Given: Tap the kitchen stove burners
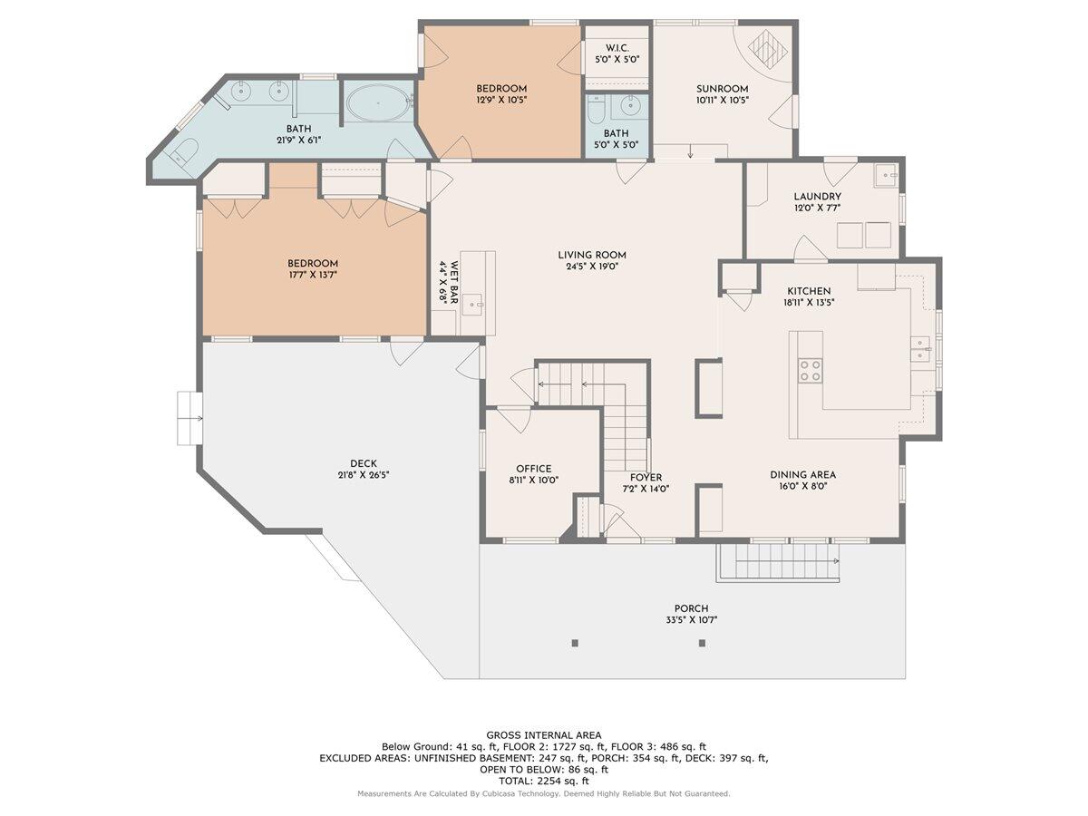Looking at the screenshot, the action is click(x=810, y=371).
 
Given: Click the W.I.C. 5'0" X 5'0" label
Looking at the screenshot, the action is click(x=617, y=53).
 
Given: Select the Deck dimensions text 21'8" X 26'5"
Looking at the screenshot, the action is click(x=364, y=474).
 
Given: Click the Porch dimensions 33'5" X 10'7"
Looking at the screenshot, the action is click(x=691, y=620).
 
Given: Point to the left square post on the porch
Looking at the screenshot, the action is click(x=575, y=643).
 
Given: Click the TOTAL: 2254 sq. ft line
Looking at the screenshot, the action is click(x=544, y=782).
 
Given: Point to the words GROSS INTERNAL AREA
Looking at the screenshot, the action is click(x=544, y=735).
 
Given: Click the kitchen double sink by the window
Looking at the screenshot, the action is click(x=921, y=349).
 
